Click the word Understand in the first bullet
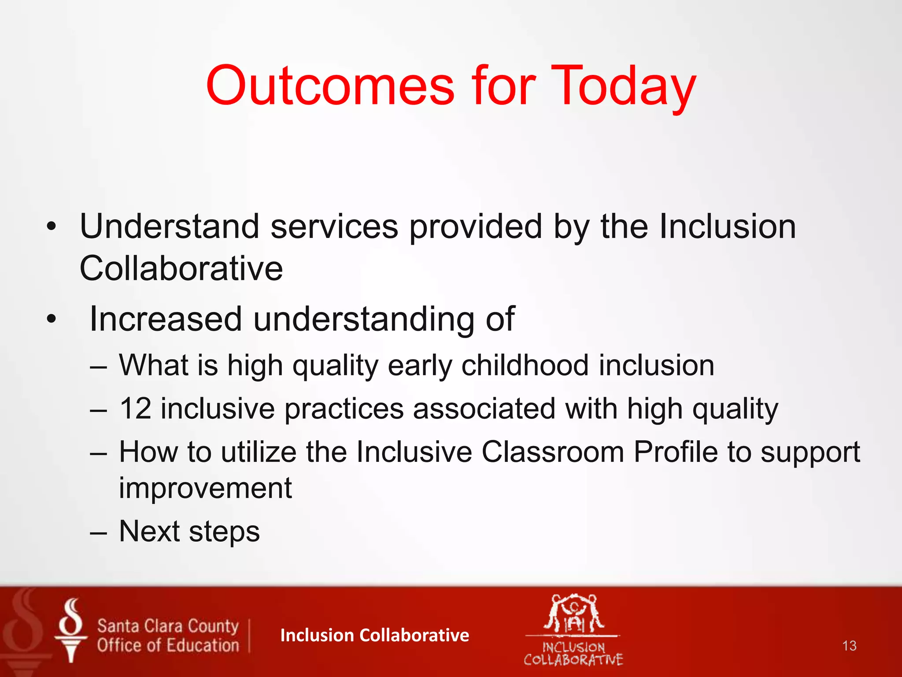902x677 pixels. coord(169,227)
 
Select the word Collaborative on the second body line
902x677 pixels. coord(181,268)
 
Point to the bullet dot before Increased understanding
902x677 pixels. coord(52,319)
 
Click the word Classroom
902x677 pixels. coord(553,452)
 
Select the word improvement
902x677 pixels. coord(205,488)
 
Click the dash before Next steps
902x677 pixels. coord(98,532)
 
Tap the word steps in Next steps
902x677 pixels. coord(224,532)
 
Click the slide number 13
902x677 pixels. coord(849,646)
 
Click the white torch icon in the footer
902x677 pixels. coord(70,630)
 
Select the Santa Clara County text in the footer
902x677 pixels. coord(168,626)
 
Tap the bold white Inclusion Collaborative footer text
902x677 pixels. coord(374,635)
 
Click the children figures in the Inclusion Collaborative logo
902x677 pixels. coord(573,614)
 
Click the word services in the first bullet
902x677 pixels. coord(334,227)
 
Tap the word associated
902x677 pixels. coord(484,408)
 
